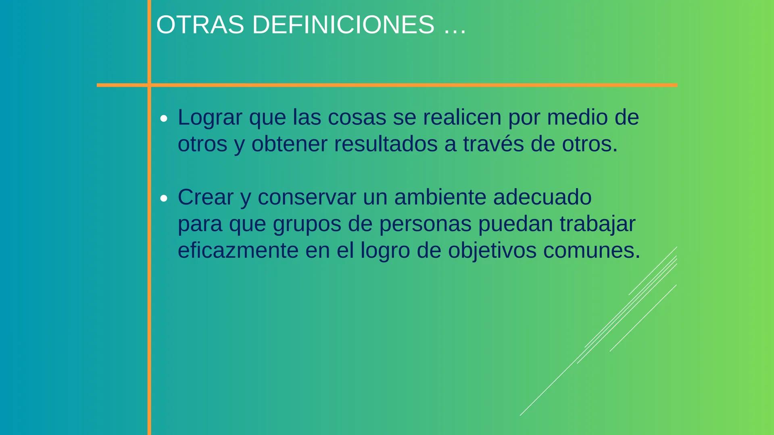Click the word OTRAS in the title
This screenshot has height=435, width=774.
click(x=200, y=25)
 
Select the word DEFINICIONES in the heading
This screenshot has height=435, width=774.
click(x=343, y=25)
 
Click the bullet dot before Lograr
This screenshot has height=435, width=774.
click(x=163, y=119)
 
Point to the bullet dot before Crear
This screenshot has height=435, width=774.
click(x=163, y=199)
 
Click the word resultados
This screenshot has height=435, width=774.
click(x=386, y=144)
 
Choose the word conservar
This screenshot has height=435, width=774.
click(x=307, y=197)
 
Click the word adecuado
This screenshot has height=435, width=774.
click(x=542, y=197)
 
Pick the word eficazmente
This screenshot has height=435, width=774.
click(x=238, y=250)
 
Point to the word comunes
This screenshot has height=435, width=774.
click(x=592, y=251)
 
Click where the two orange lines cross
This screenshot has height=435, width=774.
click(x=149, y=85)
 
